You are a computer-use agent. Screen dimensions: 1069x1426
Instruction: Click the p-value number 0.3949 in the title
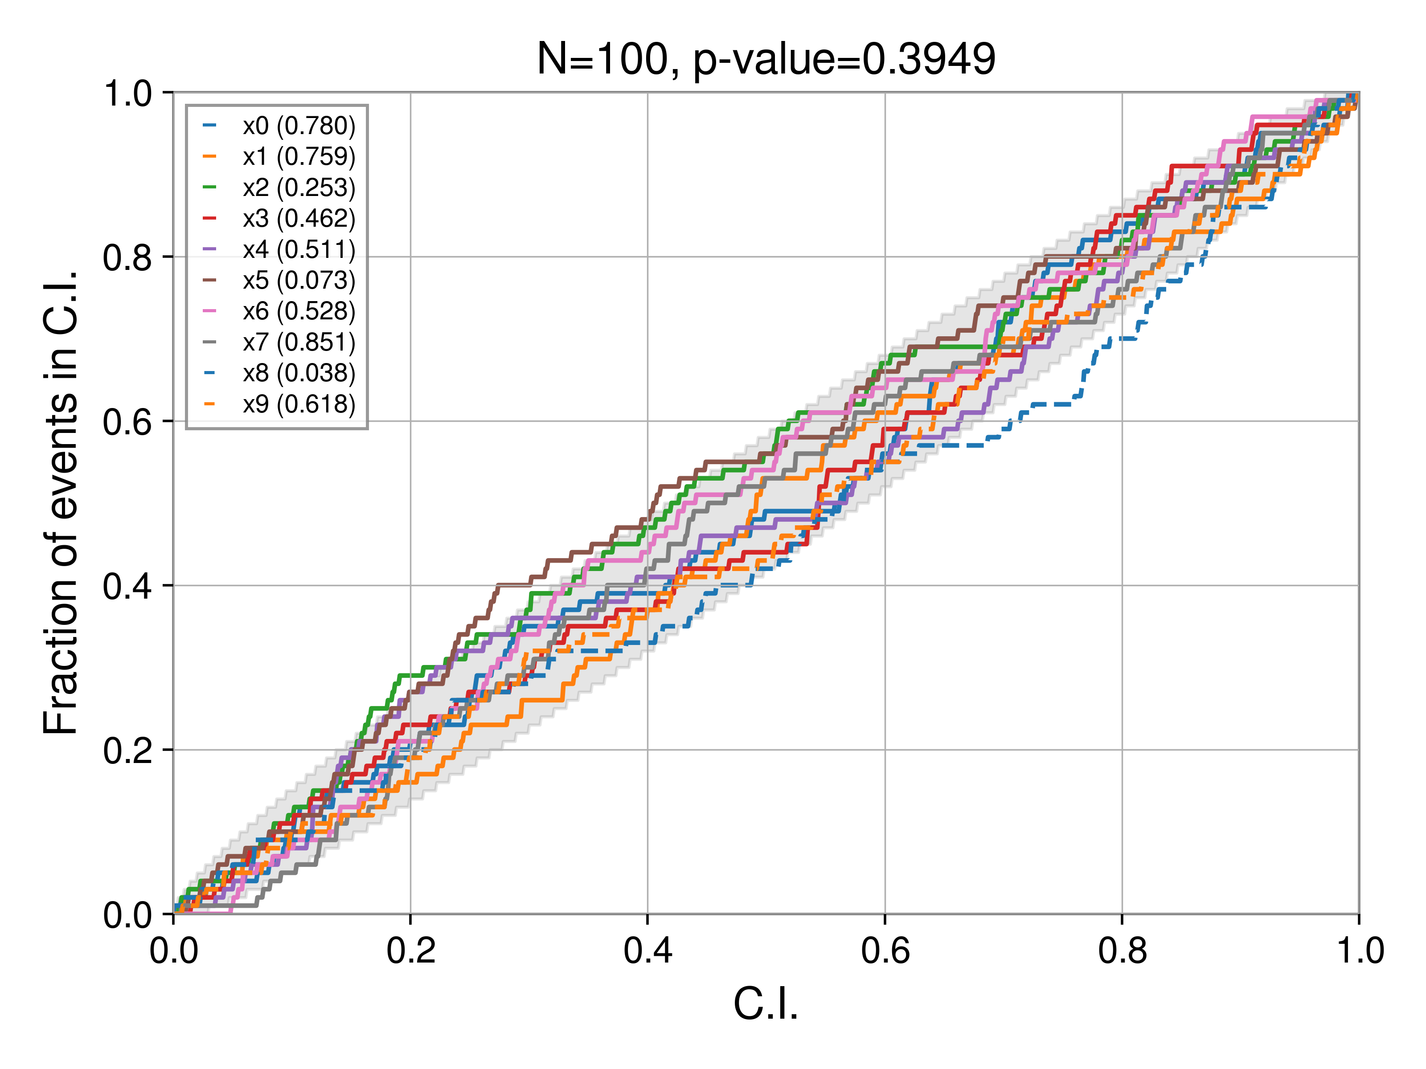tap(928, 59)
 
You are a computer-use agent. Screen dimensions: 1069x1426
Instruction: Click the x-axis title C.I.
tap(766, 1004)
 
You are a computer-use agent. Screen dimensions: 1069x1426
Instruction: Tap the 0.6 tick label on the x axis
tap(885, 951)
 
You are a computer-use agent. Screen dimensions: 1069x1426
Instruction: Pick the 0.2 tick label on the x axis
tap(411, 951)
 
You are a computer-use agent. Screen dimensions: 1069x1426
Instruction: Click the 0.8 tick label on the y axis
tap(127, 257)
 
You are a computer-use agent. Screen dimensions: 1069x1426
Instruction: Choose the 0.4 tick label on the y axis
tap(127, 586)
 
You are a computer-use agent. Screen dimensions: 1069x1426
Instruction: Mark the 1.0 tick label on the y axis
tap(127, 94)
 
